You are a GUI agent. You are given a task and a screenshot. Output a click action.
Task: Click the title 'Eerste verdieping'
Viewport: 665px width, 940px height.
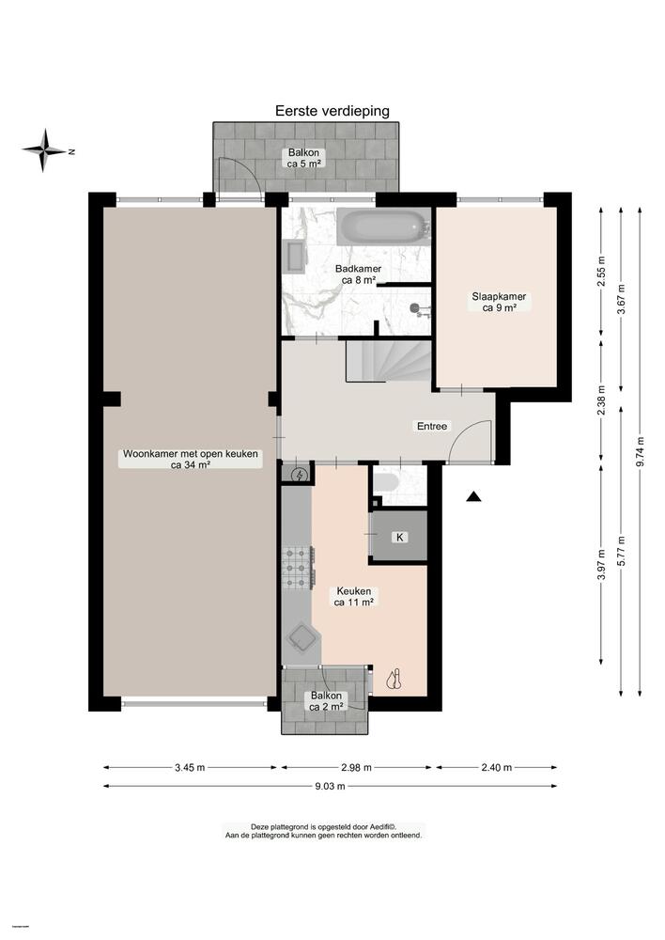(x=332, y=111)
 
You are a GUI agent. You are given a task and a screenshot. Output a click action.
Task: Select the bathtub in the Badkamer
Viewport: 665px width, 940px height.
(x=382, y=227)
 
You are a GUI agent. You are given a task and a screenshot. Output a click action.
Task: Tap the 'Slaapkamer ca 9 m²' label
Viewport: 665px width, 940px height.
(x=499, y=301)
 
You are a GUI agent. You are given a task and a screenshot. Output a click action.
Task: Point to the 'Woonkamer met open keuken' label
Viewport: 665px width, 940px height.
(x=190, y=459)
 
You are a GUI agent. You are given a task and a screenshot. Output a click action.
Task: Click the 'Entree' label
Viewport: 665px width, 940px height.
(x=433, y=426)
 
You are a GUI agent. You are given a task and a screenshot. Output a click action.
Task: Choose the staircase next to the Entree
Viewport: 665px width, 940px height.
(x=387, y=360)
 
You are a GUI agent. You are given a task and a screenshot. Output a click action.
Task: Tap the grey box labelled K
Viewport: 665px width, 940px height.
(x=399, y=537)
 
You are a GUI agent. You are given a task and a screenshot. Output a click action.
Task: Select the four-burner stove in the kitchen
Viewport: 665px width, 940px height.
(x=298, y=567)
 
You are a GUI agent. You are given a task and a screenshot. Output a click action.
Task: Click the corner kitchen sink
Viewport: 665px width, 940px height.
(x=302, y=639)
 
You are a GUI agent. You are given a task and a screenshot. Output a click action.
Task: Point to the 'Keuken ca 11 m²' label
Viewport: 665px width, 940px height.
(x=354, y=596)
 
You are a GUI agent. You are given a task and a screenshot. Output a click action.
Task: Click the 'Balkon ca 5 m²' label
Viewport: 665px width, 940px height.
(x=306, y=157)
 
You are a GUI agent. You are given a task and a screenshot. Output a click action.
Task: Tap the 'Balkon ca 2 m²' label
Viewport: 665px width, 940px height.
(x=325, y=700)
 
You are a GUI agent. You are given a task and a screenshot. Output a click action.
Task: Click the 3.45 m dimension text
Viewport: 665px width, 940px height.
(x=190, y=767)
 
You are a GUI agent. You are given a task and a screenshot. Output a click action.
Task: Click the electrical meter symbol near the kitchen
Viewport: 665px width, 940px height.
(x=299, y=476)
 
